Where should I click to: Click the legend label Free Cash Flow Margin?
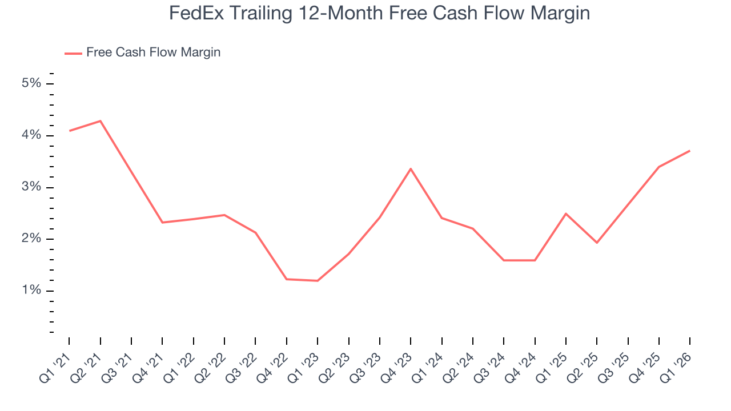click(153, 53)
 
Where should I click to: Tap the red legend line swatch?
click(73, 53)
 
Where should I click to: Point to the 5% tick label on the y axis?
click(31, 83)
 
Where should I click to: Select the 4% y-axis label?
click(31, 135)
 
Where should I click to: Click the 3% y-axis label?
click(31, 187)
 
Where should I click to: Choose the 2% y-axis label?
click(31, 239)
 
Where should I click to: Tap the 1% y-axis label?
click(31, 291)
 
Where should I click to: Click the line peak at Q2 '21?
click(101, 121)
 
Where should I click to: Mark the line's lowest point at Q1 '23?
click(318, 280)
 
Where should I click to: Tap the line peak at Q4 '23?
click(411, 169)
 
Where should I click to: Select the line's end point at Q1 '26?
click(690, 151)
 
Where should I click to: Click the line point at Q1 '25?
click(565, 213)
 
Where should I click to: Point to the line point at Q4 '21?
click(163, 222)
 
